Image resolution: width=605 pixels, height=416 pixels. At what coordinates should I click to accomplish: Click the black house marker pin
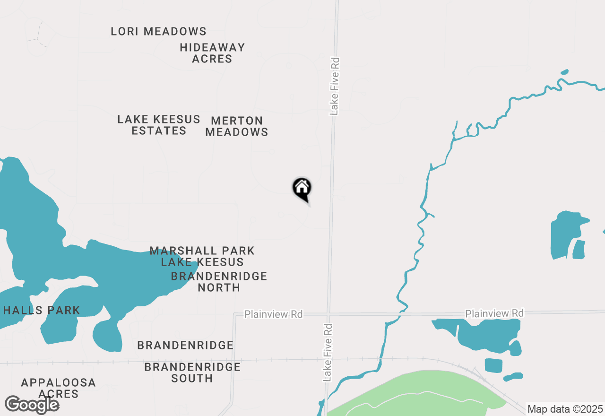[x=302, y=188]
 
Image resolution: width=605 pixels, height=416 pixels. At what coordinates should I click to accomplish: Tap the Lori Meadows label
[x=158, y=32]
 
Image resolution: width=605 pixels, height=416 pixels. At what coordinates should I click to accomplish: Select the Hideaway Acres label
[x=212, y=53]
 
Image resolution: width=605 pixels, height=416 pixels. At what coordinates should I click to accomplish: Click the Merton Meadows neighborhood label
[x=237, y=126]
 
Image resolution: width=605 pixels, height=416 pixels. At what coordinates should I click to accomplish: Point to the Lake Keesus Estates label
[x=159, y=125]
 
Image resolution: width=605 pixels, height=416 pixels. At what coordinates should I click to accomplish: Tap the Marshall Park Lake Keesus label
[x=202, y=256]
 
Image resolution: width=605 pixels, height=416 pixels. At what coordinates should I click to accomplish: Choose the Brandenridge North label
[x=219, y=282]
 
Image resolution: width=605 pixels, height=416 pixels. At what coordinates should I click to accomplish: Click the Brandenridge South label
[x=192, y=373]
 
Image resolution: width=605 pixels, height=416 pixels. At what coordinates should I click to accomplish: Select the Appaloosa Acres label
[x=59, y=388]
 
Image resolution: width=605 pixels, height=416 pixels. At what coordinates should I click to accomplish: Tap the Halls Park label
[x=42, y=311]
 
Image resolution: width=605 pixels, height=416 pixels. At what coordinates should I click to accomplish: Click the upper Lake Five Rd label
[x=335, y=87]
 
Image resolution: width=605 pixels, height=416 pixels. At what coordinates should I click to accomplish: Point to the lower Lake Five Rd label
[x=328, y=353]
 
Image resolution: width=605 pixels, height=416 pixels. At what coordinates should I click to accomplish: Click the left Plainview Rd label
[x=273, y=314]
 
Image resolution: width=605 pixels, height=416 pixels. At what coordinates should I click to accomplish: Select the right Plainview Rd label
[x=494, y=313]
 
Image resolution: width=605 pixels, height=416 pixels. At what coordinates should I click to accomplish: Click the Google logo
[x=32, y=405]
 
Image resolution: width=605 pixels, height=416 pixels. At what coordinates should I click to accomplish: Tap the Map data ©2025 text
[x=565, y=409]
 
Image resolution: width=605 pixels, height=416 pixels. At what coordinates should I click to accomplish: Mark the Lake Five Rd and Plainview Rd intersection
[x=328, y=314]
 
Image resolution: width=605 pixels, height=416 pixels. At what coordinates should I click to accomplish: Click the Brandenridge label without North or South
[x=185, y=346]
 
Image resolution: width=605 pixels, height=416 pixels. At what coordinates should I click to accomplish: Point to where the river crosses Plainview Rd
[x=402, y=312]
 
